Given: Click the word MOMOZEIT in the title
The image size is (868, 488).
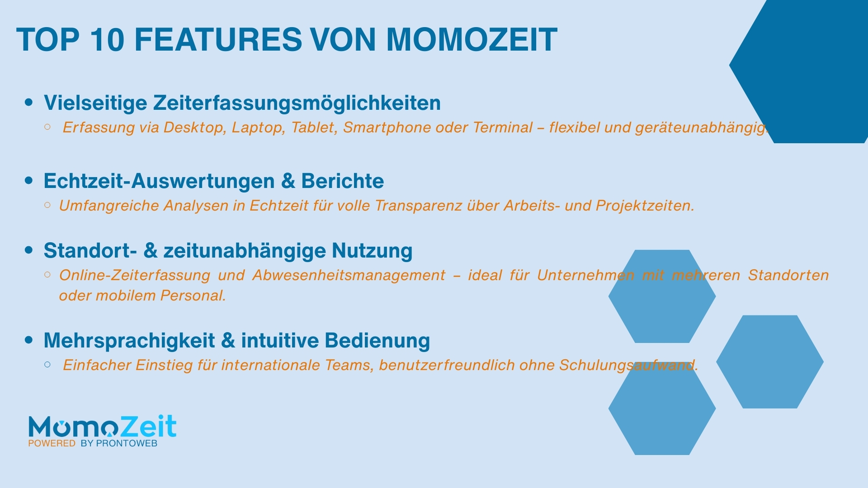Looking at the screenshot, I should pos(472,40).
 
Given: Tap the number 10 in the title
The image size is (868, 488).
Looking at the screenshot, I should pos(107,40).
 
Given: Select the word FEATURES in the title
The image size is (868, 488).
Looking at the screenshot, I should pos(218,40).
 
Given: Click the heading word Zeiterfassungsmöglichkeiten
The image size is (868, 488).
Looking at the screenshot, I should pos(297,103).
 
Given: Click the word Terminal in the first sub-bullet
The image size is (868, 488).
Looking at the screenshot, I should pos(503,128).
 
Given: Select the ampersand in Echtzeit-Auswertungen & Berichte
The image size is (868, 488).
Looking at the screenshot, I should pos(288,181).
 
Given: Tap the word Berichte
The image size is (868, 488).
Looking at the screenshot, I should pos(342,181).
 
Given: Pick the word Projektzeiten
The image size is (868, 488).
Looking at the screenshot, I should pos(645,206).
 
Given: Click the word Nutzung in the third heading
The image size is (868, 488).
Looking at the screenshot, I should pos(372,251).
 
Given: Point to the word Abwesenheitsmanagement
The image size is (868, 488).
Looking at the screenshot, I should pos(349,275).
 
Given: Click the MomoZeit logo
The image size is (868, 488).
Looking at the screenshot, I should pos(102,427).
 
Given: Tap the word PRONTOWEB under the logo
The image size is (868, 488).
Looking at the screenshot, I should pos(127,444).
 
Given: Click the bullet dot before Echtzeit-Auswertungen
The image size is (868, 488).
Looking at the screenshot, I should pos(29,181).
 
